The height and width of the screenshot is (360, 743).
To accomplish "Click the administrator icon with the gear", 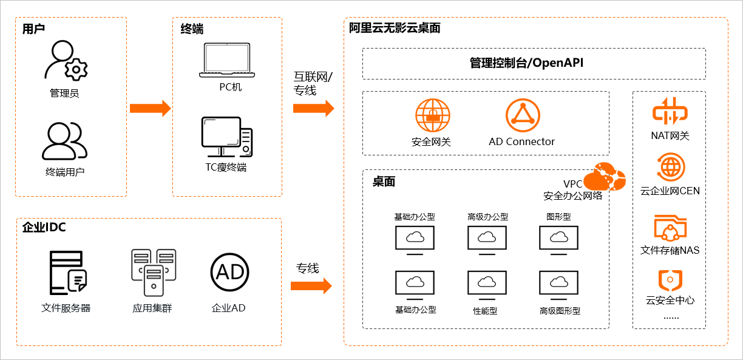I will tap(66, 61).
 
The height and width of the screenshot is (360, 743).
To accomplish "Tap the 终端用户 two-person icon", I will tap(64, 141).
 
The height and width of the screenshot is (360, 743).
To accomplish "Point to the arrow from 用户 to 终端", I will tap(150, 109).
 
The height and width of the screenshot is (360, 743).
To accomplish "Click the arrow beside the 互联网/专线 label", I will tap(313, 109).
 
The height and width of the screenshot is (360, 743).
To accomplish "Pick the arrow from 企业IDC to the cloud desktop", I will tap(311, 285).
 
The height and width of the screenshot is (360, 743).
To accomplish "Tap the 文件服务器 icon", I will tap(67, 273).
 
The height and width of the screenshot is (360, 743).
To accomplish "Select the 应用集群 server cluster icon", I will tap(154, 272).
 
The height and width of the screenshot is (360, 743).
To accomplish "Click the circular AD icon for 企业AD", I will tap(229, 272).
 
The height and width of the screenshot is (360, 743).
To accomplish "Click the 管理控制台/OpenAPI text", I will tap(526, 63).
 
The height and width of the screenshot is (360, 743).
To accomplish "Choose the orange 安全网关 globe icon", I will tap(432, 115).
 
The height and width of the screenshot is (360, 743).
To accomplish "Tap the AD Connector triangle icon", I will tap(522, 115).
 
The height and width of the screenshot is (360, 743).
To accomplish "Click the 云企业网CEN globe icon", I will tap(670, 166).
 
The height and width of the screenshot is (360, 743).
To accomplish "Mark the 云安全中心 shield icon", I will tap(670, 280).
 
